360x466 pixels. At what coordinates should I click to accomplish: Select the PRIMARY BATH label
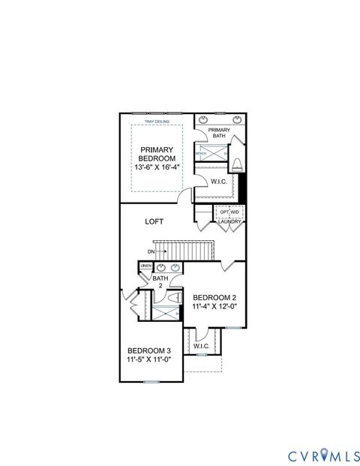[x=219, y=133]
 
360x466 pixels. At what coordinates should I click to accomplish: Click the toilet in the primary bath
[x=237, y=164]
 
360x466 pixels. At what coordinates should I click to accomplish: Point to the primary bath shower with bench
[x=211, y=153]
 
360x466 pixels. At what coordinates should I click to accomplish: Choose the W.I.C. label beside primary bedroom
[x=219, y=182]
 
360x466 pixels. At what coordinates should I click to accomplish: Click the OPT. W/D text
[x=229, y=212]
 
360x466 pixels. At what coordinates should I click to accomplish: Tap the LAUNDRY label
[x=229, y=222]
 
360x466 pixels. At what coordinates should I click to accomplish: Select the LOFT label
[x=155, y=221]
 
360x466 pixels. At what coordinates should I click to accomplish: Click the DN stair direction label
[x=151, y=251]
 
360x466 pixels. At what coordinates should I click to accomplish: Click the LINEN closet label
[x=145, y=266]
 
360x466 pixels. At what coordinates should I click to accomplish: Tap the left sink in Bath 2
[x=160, y=267]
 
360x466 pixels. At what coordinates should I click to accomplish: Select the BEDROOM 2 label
[x=214, y=298]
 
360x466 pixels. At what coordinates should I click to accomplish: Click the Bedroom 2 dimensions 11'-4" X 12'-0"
[x=214, y=307]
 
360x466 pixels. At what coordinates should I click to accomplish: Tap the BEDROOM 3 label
[x=148, y=351]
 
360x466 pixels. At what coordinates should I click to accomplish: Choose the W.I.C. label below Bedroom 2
[x=202, y=346]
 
